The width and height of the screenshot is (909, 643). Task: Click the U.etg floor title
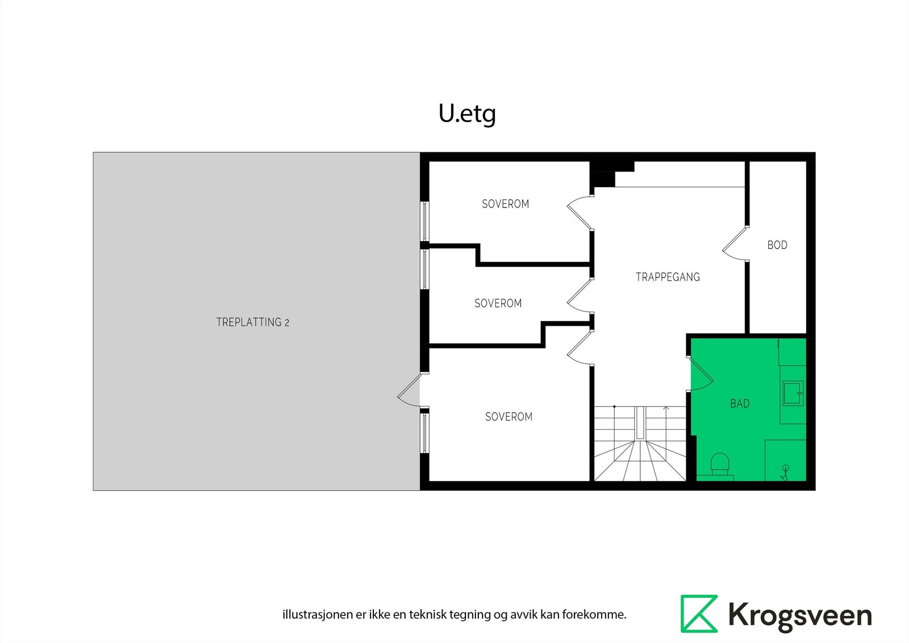click(x=467, y=114)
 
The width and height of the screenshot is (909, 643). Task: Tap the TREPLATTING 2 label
click(x=253, y=322)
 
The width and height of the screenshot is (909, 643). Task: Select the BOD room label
click(x=777, y=245)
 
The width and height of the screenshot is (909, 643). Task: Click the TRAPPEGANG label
click(x=668, y=277)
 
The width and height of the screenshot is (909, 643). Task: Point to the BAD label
click(x=739, y=404)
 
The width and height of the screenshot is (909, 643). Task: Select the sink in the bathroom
click(x=792, y=393)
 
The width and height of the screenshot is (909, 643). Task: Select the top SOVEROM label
click(x=505, y=204)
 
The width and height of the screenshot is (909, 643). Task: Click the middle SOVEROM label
click(x=498, y=304)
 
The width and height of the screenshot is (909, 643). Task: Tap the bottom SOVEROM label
click(x=508, y=417)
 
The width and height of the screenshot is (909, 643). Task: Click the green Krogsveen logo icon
click(x=699, y=613)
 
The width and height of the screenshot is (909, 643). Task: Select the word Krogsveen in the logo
click(x=800, y=616)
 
